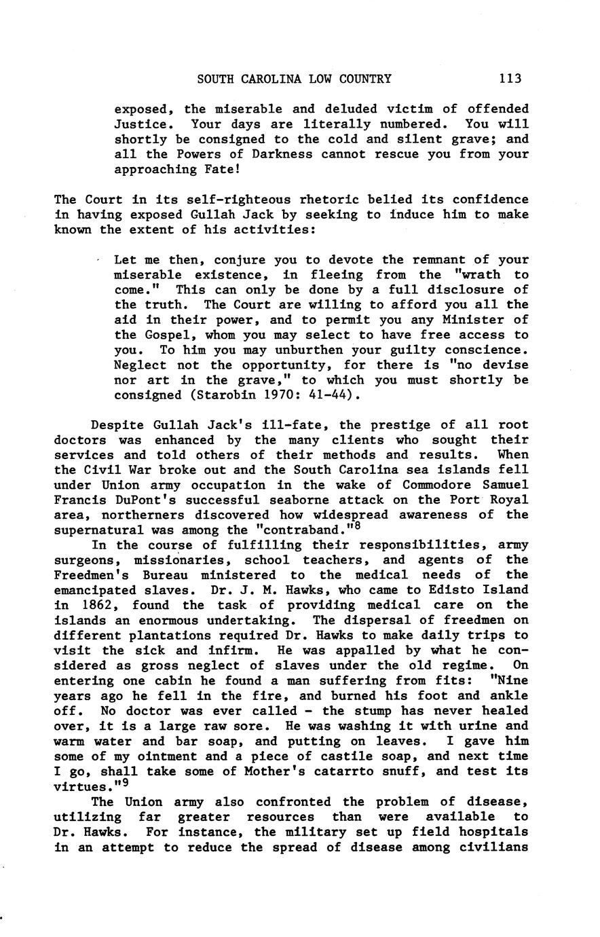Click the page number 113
click(x=509, y=79)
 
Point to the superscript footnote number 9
click(x=126, y=784)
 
